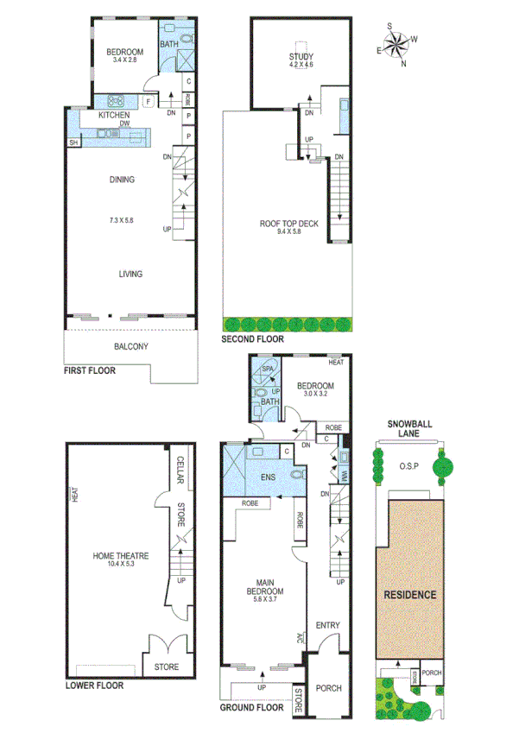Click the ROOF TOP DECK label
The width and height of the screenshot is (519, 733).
pyautogui.click(x=289, y=224)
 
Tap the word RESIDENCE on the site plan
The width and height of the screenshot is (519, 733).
pyautogui.click(x=410, y=595)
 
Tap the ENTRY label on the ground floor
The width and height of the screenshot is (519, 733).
pyautogui.click(x=327, y=626)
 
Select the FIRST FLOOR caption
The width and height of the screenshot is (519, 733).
pyautogui.click(x=90, y=370)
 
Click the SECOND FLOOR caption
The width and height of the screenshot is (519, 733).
pyautogui.click(x=252, y=339)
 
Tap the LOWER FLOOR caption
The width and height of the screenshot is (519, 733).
pyautogui.click(x=94, y=686)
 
